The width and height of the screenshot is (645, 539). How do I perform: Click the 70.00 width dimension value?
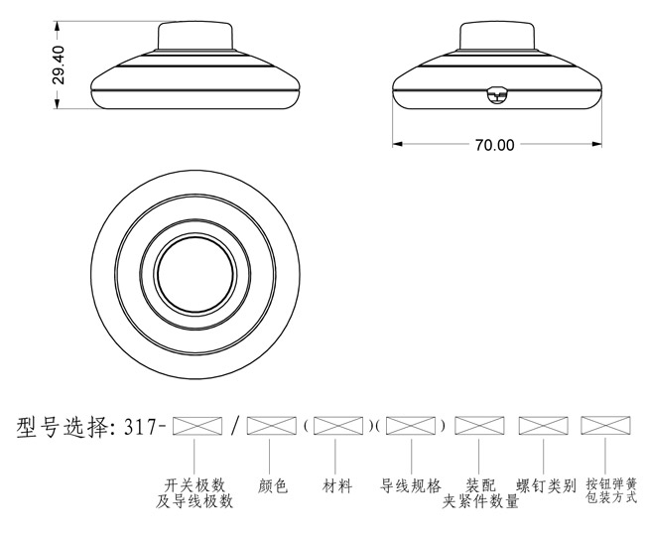494,145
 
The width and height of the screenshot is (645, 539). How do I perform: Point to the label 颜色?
272,486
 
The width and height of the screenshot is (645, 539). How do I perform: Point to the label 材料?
337,486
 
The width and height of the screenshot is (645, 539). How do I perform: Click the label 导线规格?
411,486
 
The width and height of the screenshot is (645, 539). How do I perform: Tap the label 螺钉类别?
546,486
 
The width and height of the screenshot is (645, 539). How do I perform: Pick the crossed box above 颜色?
272,427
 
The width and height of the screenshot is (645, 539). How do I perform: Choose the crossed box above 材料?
337,427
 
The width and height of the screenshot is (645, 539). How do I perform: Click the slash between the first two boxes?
234,427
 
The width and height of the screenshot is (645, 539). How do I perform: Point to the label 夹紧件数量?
480,501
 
